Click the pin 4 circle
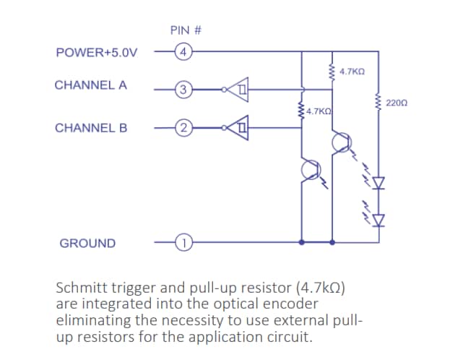click(183, 52)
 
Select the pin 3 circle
click(183, 90)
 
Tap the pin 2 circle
click(183, 129)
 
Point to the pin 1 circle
click(183, 243)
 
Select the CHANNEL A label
click(91, 85)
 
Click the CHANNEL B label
click(91, 128)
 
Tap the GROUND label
click(87, 244)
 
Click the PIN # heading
click(185, 30)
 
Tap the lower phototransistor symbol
click(311, 171)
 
